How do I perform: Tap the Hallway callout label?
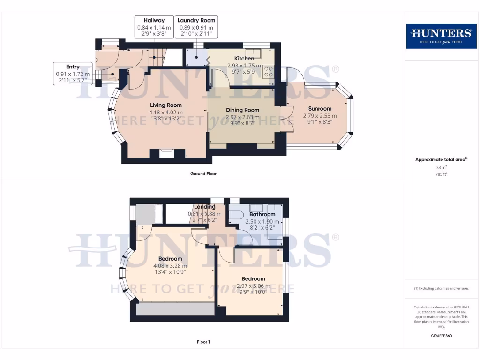tap(154, 27)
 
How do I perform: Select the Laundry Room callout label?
tap(196, 27)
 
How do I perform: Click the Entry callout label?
tap(73, 74)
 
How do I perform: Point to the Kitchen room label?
tap(244, 59)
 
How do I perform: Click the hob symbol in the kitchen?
tap(269, 72)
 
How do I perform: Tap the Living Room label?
tap(165, 105)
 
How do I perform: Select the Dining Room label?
tap(242, 110)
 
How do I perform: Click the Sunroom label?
tap(320, 109)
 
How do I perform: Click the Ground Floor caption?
tap(203, 173)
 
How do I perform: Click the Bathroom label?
tap(262, 214)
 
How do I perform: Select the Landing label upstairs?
tap(205, 207)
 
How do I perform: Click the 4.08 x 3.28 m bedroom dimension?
tap(170, 266)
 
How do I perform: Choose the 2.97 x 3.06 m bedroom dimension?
tap(253, 286)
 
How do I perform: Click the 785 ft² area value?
tap(441, 173)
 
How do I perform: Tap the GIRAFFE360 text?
tap(441, 336)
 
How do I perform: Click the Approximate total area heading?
tap(441, 160)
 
